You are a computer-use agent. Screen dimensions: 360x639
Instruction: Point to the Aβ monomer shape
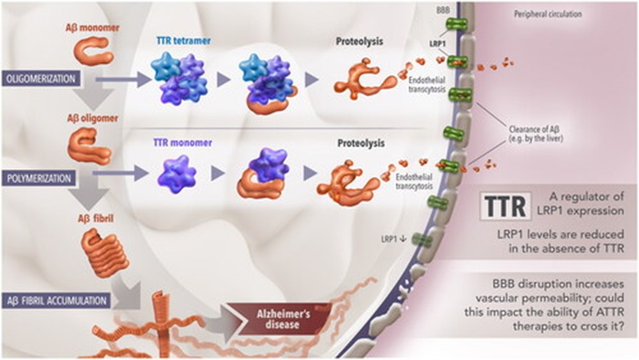93,51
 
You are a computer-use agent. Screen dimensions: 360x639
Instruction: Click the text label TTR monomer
181,142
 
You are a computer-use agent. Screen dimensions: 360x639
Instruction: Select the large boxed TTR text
505,205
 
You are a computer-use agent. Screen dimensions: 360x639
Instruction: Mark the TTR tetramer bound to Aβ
266,82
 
